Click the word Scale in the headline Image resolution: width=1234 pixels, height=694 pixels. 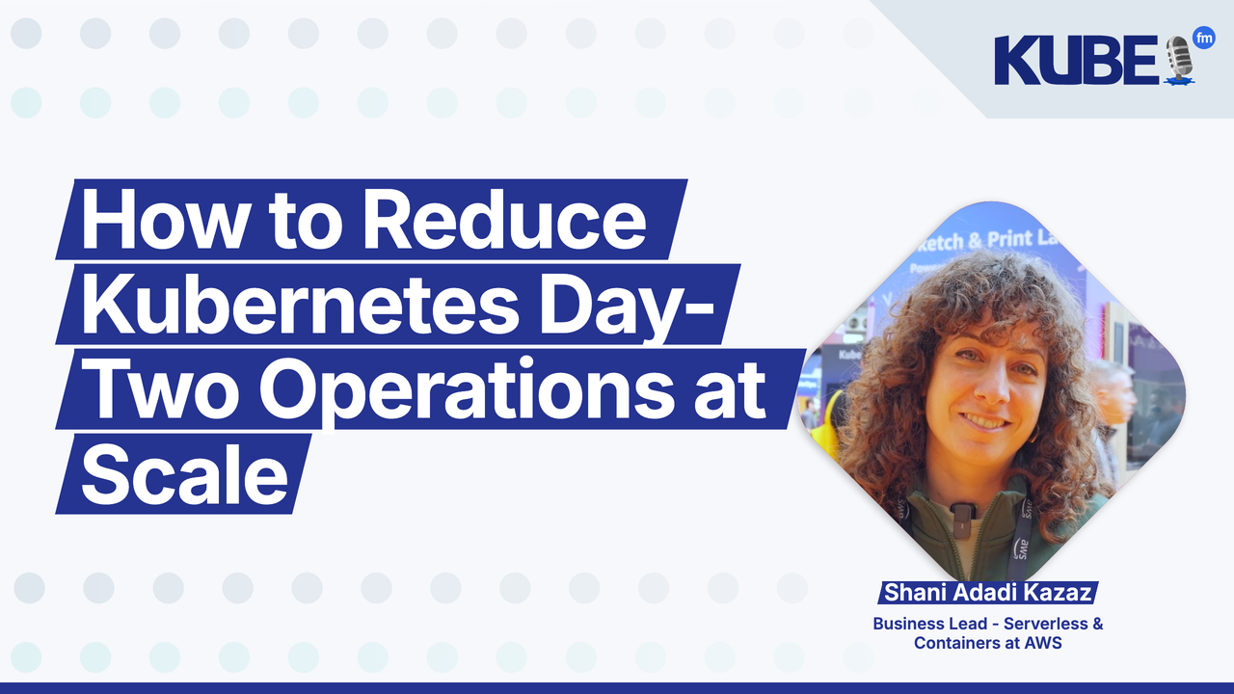184,474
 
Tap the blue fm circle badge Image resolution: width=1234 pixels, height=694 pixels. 1203,40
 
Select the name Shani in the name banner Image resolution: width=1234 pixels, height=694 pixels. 915,592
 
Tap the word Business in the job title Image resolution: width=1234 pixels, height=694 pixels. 905,624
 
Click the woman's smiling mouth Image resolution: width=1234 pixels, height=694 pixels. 984,421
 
